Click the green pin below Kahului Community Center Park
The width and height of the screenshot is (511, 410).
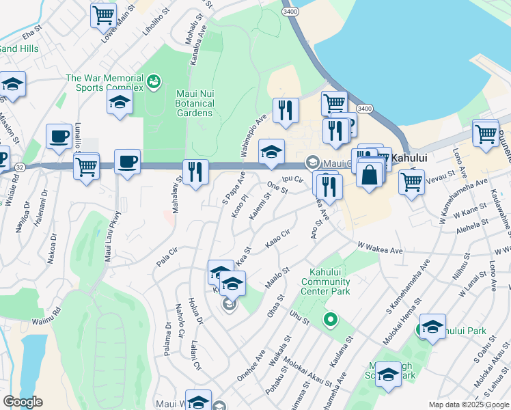click(x=331, y=319)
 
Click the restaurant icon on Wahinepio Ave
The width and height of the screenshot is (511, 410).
click(x=286, y=110)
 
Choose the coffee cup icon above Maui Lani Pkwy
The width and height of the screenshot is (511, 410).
click(x=127, y=162)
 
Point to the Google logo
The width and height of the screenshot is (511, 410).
click(x=23, y=402)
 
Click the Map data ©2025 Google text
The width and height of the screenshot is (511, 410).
click(x=468, y=405)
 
